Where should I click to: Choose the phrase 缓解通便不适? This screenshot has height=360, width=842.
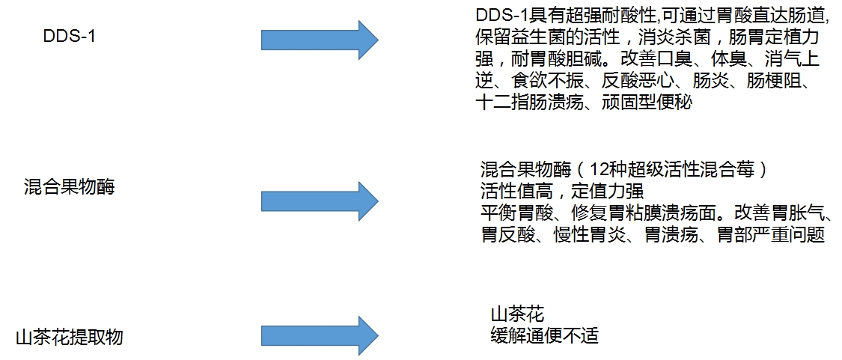(x=544, y=335)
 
